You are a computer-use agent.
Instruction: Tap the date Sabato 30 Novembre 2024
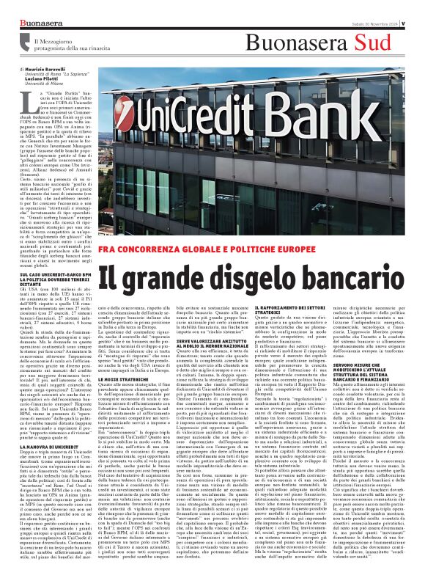click(369, 7)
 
